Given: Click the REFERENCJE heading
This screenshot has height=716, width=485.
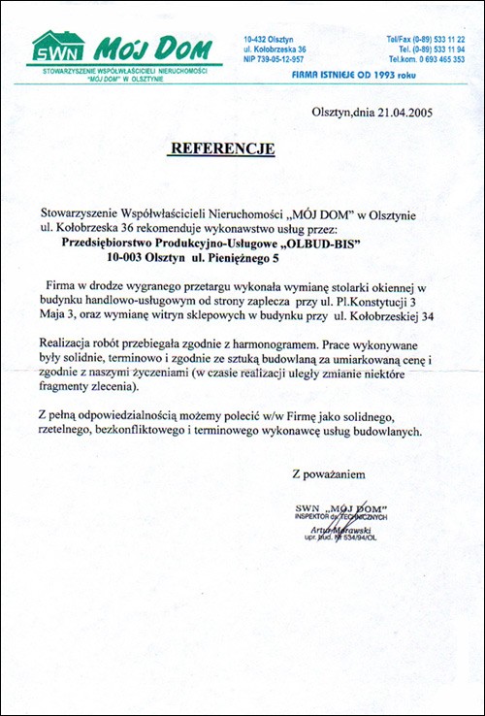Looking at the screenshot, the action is point(222,148).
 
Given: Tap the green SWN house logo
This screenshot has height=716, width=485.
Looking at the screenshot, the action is point(58,48).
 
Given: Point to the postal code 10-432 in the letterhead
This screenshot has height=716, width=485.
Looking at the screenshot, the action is point(257,35).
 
